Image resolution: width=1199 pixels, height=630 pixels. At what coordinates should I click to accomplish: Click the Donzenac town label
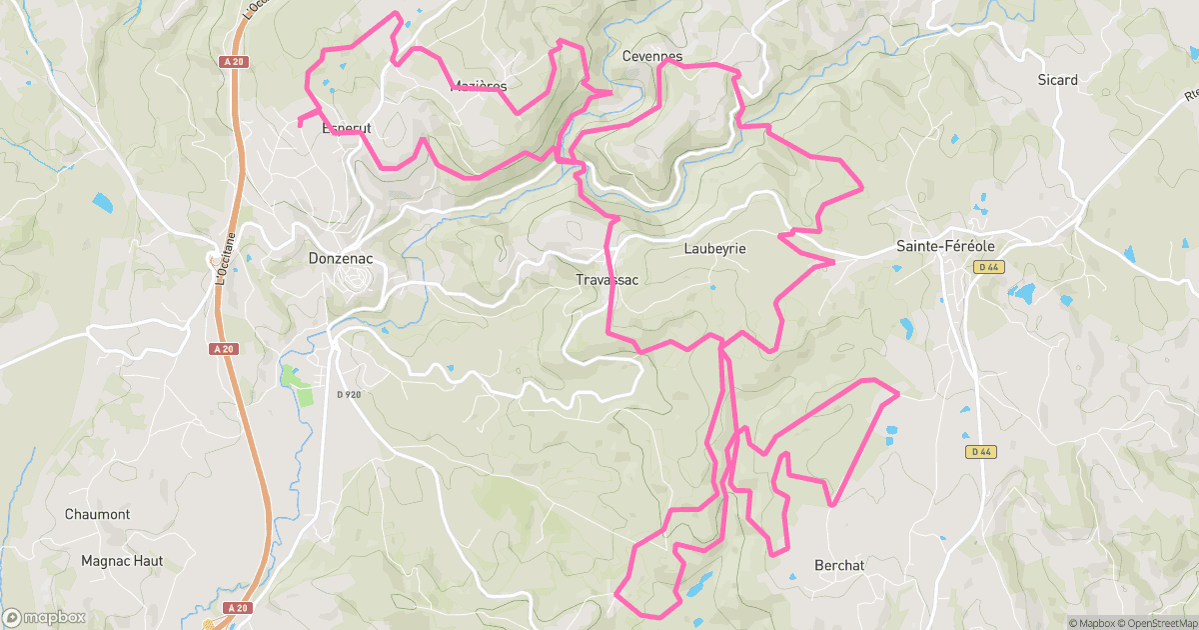340,257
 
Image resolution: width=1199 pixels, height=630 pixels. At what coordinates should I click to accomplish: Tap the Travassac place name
606,280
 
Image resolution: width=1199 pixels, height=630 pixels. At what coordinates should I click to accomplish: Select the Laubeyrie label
715,248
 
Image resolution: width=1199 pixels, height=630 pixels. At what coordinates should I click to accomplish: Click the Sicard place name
1057,80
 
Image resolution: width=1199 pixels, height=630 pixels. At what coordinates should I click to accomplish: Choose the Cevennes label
651,56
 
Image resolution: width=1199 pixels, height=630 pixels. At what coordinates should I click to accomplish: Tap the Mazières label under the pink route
480,86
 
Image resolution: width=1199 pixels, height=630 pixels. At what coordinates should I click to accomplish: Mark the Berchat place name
839,565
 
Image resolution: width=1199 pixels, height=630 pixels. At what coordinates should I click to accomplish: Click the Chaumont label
97,514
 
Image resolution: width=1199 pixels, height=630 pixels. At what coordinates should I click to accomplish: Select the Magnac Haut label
122,561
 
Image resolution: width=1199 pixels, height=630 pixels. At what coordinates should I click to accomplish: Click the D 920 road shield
349,394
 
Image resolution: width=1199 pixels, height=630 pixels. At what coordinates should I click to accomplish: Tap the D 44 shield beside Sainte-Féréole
989,267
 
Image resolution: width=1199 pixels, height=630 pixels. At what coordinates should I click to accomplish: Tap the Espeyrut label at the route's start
346,129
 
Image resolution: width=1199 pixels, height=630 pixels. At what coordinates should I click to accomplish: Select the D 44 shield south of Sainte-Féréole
981,452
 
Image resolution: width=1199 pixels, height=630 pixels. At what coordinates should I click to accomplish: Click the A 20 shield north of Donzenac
233,61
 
